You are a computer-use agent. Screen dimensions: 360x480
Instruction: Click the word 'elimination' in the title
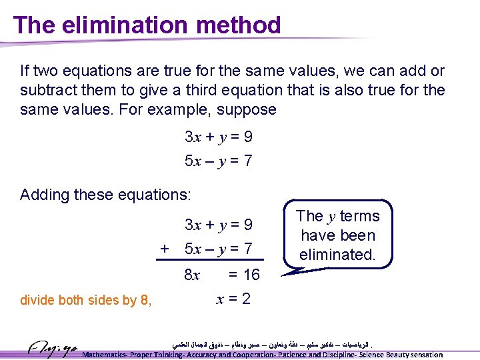(117, 25)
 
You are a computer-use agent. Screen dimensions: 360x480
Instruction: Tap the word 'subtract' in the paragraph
(50, 90)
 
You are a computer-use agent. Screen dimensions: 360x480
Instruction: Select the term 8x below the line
(192, 275)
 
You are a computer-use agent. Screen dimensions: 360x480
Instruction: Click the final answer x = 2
(233, 299)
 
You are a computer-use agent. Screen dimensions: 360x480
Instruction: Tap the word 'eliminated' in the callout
(337, 255)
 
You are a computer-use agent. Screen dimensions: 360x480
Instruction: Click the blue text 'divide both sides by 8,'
(86, 300)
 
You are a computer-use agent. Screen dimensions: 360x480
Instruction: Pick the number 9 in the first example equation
(247, 137)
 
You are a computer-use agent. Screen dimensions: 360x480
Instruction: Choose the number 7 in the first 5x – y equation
(247, 161)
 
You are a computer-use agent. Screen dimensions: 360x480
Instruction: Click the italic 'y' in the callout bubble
(331, 216)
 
